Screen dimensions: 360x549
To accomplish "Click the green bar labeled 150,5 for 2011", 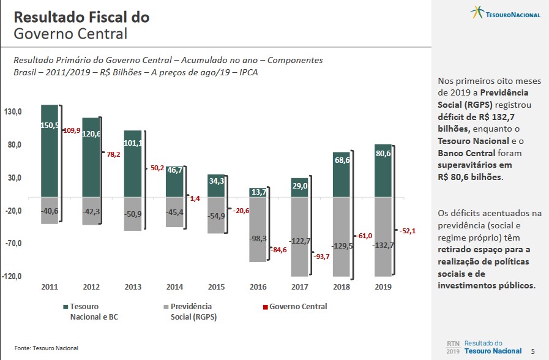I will click(x=50, y=151).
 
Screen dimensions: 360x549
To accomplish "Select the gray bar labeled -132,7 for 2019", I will click(x=383, y=237).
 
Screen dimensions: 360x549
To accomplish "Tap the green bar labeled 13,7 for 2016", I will click(x=258, y=192).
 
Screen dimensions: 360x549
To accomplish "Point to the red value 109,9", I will click(x=72, y=130).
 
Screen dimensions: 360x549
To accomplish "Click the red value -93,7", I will click(x=321, y=257).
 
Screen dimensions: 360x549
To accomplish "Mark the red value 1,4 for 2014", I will click(x=195, y=198).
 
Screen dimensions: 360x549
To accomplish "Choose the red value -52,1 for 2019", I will click(x=407, y=231).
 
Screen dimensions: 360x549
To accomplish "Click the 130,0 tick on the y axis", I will click(x=13, y=112).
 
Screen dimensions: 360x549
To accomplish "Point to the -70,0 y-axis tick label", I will click(x=13, y=243).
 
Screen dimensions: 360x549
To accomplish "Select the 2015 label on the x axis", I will click(x=216, y=287).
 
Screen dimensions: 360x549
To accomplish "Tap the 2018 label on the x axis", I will click(x=341, y=287).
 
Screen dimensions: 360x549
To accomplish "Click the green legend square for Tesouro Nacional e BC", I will click(x=65, y=307).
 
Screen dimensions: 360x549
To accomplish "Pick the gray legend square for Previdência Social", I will click(x=166, y=307).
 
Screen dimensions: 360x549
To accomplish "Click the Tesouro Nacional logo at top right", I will click(x=505, y=13).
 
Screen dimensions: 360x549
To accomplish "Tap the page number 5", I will click(x=532, y=351).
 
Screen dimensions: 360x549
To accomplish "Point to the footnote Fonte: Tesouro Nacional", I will click(x=47, y=348).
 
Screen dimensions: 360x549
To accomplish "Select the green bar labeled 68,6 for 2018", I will click(x=342, y=174).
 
